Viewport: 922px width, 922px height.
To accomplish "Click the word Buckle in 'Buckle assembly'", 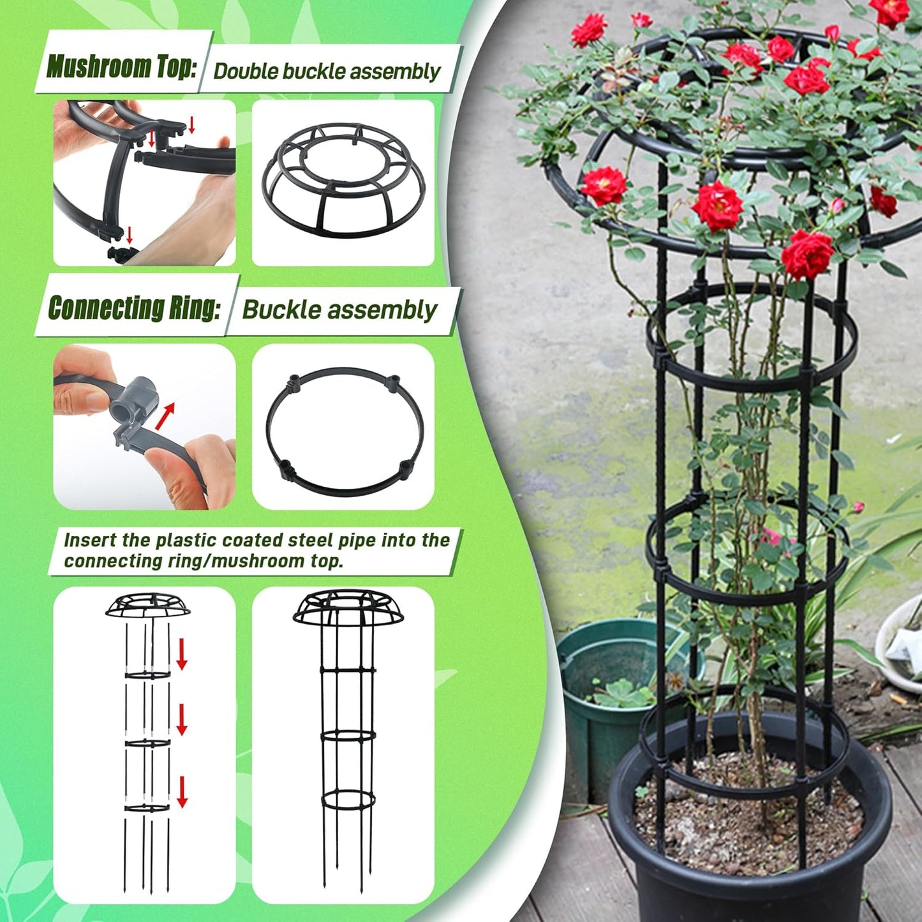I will (281, 310).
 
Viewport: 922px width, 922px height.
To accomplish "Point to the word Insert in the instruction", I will (90, 540).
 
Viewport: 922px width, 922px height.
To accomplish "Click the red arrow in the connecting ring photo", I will (165, 415).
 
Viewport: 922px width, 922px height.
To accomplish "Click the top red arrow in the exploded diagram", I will (182, 653).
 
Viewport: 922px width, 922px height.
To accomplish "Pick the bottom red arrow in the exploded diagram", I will (182, 792).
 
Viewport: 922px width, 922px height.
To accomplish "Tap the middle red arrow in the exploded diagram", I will (182, 720).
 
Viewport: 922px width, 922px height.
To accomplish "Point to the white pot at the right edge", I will (900, 644).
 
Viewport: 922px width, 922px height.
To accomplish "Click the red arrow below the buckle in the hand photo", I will (130, 234).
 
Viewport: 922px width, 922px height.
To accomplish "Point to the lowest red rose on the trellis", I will (807, 254).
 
